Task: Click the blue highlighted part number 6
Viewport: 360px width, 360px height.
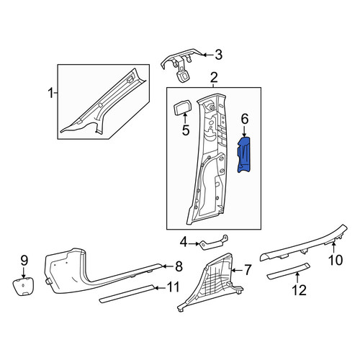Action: click(x=244, y=155)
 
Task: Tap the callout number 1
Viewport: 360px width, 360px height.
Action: click(x=50, y=93)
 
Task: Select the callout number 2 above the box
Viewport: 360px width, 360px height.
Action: click(x=214, y=78)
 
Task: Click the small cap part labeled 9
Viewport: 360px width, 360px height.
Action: click(x=23, y=287)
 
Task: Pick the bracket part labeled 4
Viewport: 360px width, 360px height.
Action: click(x=214, y=243)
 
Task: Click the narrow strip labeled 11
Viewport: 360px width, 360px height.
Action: click(x=127, y=294)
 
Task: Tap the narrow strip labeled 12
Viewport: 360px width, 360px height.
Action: click(x=288, y=271)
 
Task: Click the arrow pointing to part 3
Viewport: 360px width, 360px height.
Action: click(x=208, y=55)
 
